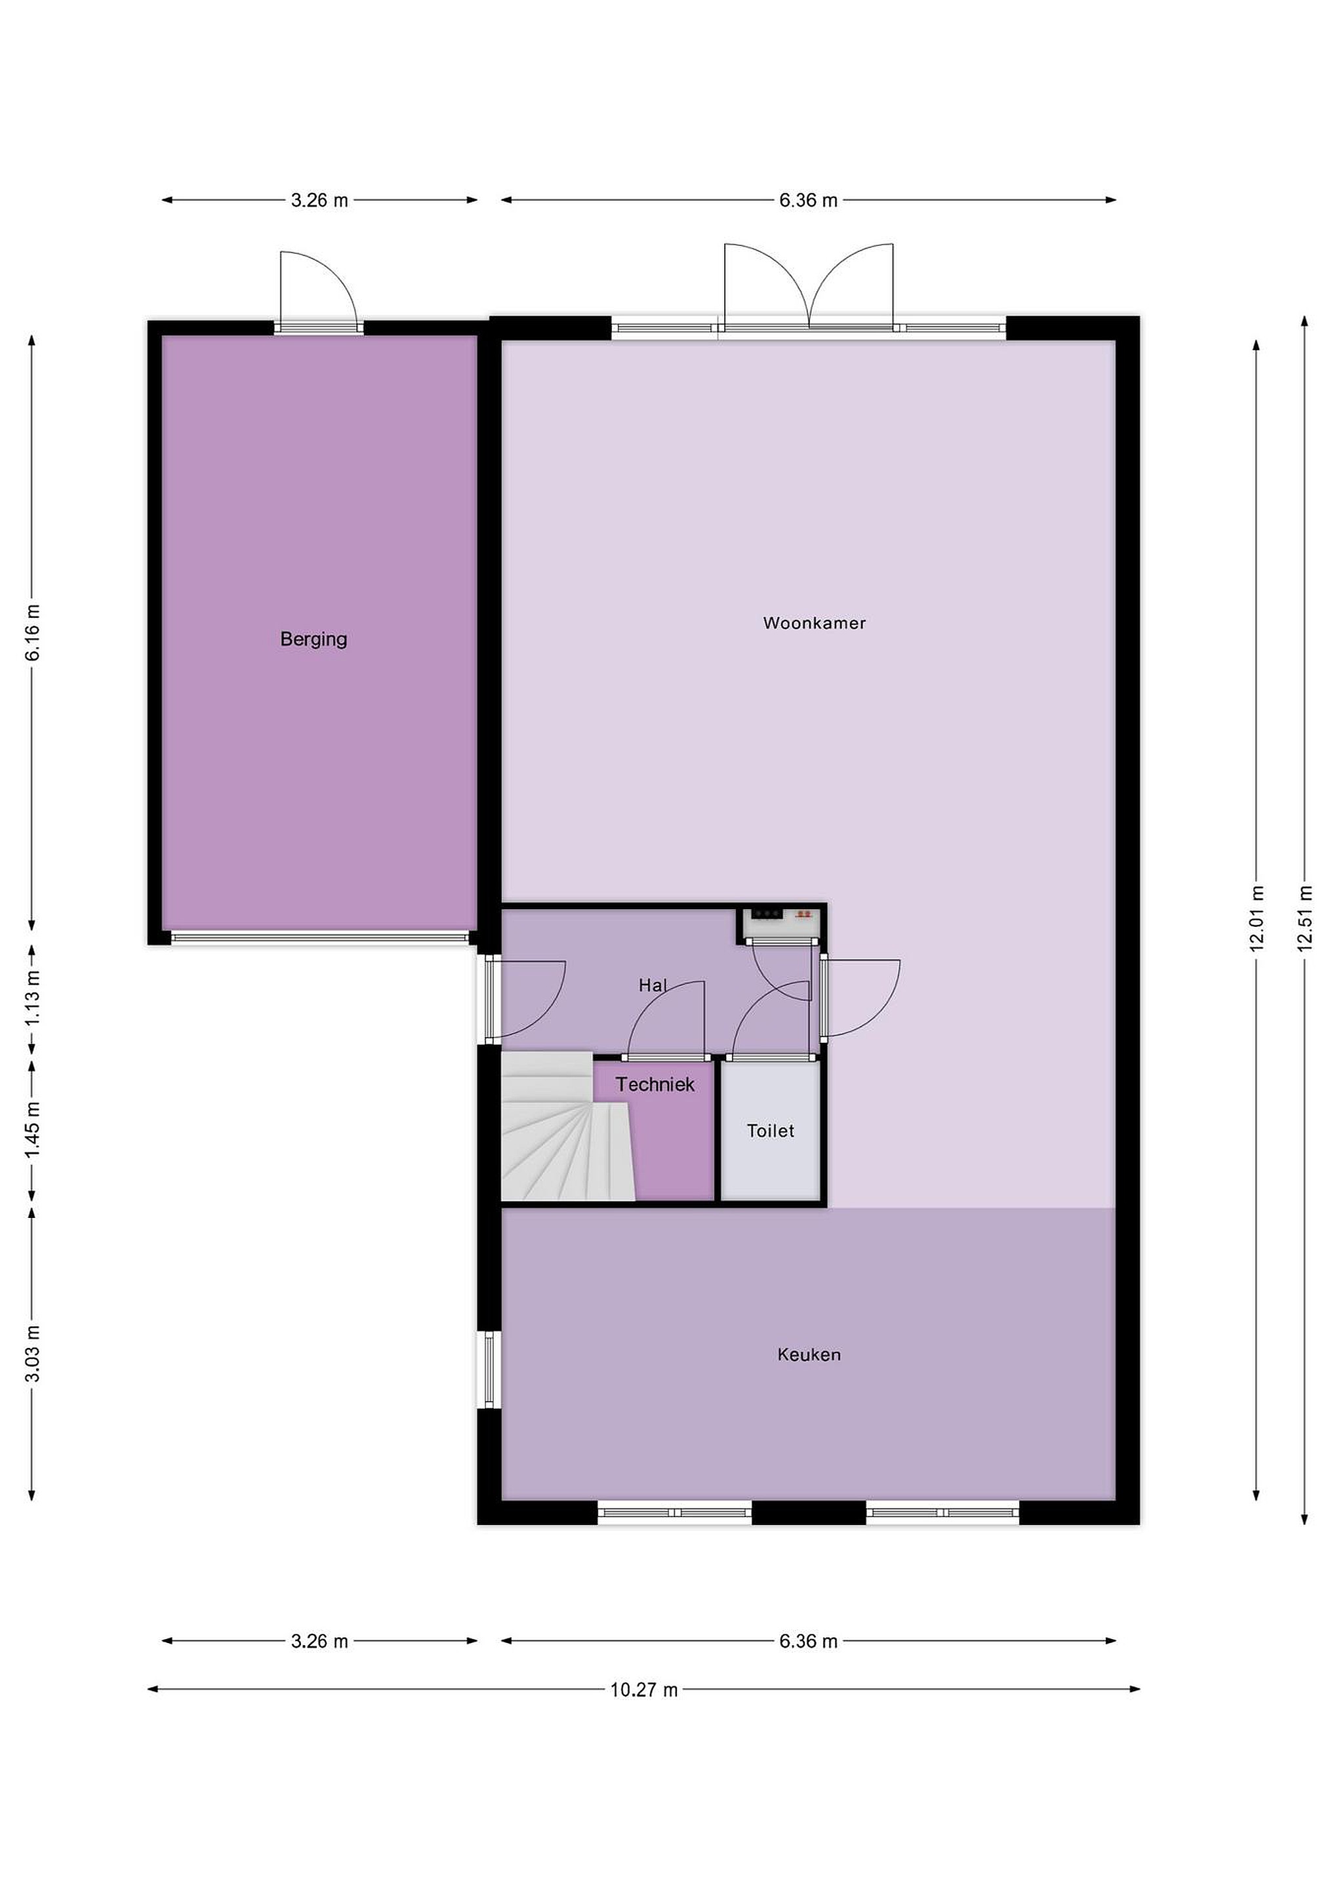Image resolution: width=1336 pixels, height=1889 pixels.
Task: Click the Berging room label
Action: click(x=314, y=640)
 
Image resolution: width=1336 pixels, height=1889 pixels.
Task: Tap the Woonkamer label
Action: click(x=815, y=623)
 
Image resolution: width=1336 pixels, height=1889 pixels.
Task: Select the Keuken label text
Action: click(x=809, y=1355)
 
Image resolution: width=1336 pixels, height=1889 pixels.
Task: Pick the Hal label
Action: click(x=653, y=985)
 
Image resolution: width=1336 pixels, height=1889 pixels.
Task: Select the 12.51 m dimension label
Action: click(x=1305, y=919)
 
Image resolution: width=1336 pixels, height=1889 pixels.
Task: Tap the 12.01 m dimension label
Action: click(x=1256, y=919)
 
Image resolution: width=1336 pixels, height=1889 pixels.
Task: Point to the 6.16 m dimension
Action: click(x=32, y=633)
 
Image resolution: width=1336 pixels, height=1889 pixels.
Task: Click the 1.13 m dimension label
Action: click(x=32, y=997)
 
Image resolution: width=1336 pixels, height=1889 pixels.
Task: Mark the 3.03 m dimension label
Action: click(x=32, y=1353)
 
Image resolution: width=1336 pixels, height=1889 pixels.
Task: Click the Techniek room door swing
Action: click(x=666, y=1018)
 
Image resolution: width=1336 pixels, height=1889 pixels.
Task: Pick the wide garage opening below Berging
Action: click(x=320, y=937)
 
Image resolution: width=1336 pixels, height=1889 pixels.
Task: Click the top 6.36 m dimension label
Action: click(x=809, y=200)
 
